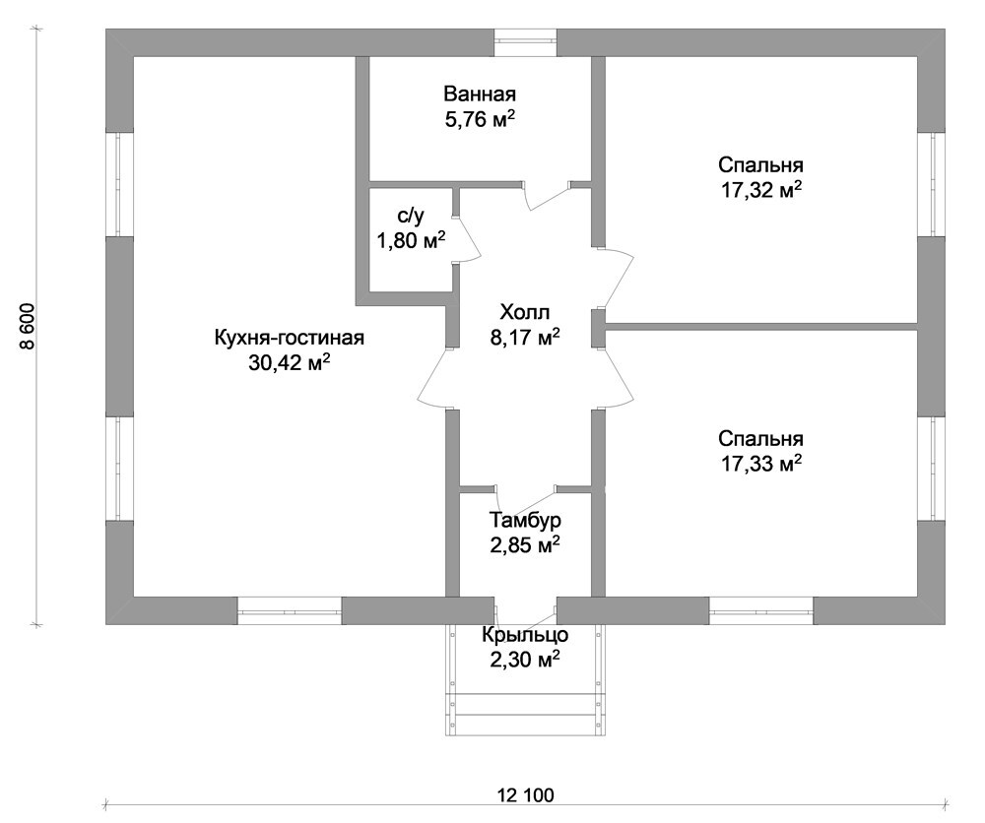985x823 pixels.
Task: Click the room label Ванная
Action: click(x=480, y=95)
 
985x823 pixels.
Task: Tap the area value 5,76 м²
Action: click(x=480, y=119)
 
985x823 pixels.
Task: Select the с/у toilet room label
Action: click(x=411, y=216)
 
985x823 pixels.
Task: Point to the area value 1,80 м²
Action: click(x=411, y=240)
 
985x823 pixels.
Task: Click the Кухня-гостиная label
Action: click(x=290, y=338)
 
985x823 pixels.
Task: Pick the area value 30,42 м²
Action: click(x=290, y=362)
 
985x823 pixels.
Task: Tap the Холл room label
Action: click(x=525, y=312)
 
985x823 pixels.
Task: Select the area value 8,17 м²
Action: click(x=525, y=337)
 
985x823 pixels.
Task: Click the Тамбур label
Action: click(x=525, y=521)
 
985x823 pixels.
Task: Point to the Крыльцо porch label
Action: click(x=525, y=635)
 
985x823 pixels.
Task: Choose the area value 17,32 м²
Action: click(x=760, y=190)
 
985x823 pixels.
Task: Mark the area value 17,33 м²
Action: click(x=760, y=464)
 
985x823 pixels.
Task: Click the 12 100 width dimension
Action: click(x=526, y=796)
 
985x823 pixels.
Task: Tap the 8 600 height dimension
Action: click(x=29, y=327)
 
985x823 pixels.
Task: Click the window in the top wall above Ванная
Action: click(x=525, y=42)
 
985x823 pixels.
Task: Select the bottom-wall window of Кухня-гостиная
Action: click(x=290, y=610)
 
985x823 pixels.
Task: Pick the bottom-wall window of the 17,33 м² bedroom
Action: click(x=761, y=610)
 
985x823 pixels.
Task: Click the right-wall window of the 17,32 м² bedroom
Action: click(x=932, y=184)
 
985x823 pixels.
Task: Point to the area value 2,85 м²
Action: click(x=525, y=545)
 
